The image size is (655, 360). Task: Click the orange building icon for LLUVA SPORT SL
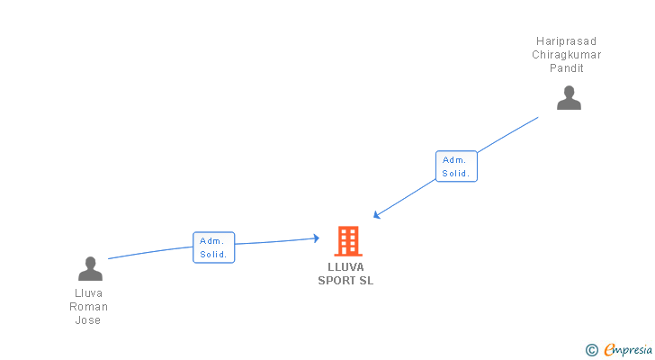point(346,241)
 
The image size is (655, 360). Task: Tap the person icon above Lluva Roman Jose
point(90,268)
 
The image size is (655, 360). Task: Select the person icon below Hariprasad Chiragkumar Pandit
point(569,97)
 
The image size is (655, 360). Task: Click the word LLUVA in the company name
point(346,267)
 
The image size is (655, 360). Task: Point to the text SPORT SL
point(345,280)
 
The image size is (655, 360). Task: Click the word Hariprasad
point(566,41)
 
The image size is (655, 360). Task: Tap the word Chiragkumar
point(566,55)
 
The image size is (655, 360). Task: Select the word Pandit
point(567,68)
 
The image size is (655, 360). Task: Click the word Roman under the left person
point(88,307)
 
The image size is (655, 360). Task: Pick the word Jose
point(88,320)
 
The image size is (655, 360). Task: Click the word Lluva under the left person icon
point(88,293)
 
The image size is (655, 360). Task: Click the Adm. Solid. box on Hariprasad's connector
point(456,166)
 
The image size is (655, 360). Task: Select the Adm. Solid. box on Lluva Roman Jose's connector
point(214,247)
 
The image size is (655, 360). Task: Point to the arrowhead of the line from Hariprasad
point(377,215)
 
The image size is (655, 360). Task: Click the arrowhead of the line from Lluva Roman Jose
point(316,238)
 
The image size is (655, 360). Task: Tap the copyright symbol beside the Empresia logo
point(591,350)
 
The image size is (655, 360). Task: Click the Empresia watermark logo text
point(628,350)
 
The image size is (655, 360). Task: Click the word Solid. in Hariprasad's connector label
point(456,173)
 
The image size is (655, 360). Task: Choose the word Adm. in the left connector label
point(212,241)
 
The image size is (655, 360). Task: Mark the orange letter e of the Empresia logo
point(609,350)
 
